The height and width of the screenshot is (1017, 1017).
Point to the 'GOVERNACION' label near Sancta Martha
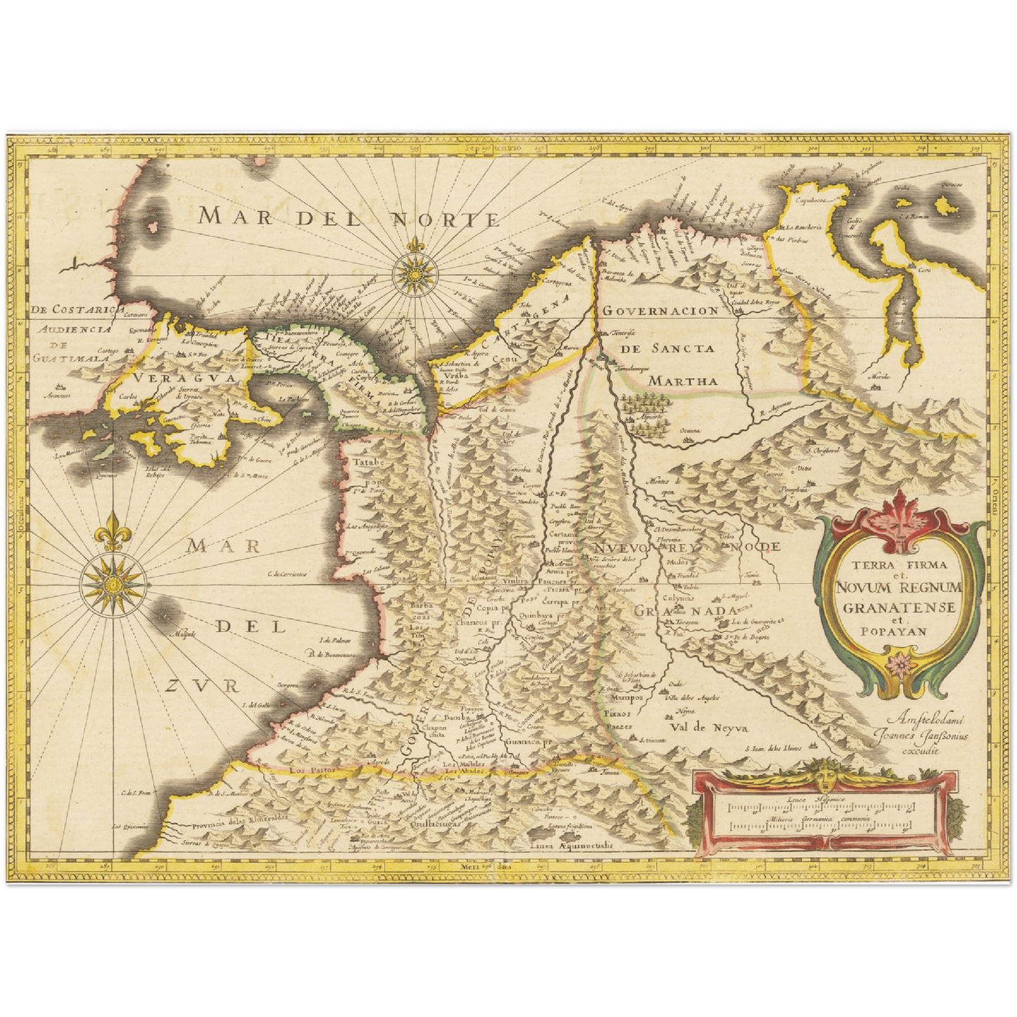660,310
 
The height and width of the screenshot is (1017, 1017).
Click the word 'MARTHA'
683,381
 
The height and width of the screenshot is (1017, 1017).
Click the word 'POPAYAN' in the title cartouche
893,631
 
